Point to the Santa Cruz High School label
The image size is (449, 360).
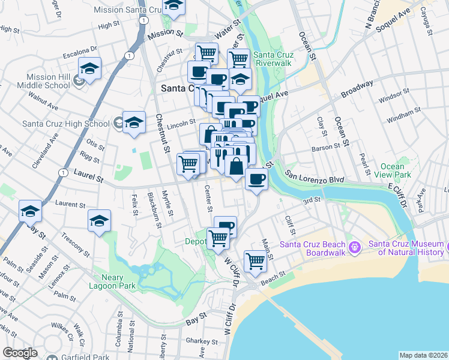[x=65, y=124]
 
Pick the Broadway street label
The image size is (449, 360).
[x=357, y=89]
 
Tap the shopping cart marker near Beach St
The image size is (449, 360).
[x=256, y=261]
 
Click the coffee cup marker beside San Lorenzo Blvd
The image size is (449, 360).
[x=256, y=179]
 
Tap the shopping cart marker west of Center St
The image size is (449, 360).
[x=188, y=163]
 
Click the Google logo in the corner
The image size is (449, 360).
[x=20, y=353]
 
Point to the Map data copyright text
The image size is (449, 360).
[x=424, y=355]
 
